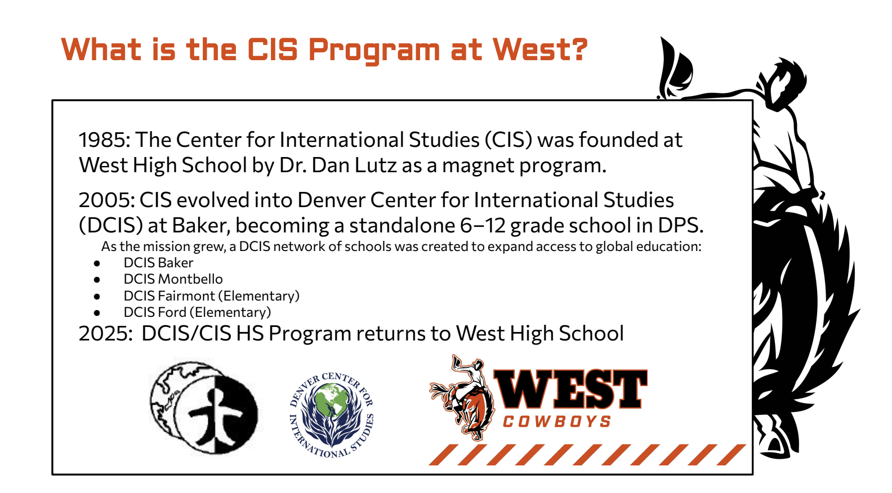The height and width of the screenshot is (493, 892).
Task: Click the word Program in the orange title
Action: point(374,51)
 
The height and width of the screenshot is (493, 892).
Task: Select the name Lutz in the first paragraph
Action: point(376,165)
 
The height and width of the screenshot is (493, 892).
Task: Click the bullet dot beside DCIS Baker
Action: point(97,263)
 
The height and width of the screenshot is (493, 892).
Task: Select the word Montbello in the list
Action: point(190,279)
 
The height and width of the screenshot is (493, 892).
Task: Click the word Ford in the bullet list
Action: point(172,312)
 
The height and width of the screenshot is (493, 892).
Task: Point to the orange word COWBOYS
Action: point(557,422)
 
